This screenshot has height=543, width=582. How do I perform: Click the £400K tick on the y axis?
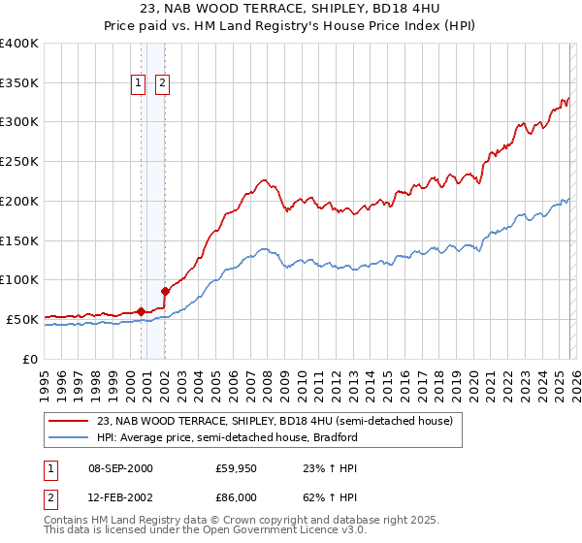(19, 44)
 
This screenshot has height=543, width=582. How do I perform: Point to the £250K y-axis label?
(19, 162)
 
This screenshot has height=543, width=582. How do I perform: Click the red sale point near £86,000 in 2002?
(165, 291)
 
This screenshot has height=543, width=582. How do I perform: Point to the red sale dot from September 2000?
(141, 311)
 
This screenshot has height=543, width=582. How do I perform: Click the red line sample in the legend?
(69, 422)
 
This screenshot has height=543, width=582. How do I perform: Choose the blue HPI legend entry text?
(227, 437)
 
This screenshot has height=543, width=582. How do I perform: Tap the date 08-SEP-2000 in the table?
(120, 468)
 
